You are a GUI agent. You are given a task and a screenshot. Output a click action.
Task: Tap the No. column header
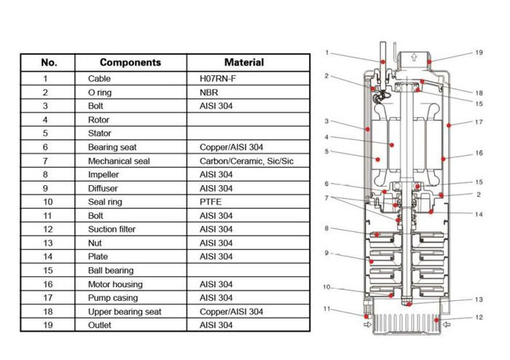click(x=48, y=63)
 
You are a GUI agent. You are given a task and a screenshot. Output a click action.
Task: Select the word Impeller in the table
click(x=106, y=174)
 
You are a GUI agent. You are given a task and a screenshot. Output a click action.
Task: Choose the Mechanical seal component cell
click(x=119, y=160)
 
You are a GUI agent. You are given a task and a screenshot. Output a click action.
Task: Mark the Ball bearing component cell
click(x=111, y=270)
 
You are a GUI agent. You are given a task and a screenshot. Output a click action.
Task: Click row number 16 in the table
click(x=48, y=284)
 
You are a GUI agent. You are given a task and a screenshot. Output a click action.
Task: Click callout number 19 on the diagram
click(x=479, y=53)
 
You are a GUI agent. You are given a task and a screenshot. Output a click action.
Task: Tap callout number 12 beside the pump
click(x=479, y=318)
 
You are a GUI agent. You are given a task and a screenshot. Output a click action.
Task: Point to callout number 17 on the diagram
click(x=479, y=122)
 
